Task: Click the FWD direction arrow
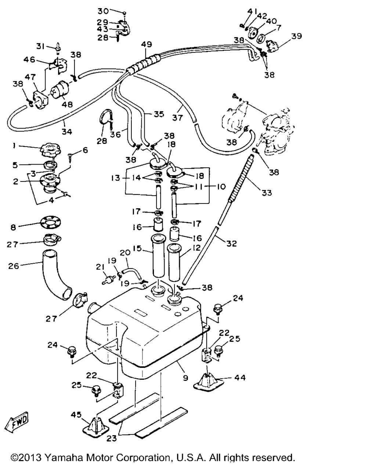17,422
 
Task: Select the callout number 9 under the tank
185,377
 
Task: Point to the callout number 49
146,44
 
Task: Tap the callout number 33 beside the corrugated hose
267,193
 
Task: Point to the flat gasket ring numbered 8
50,222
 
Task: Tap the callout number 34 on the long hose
66,131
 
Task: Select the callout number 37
177,118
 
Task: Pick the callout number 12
196,247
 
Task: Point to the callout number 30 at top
103,11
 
